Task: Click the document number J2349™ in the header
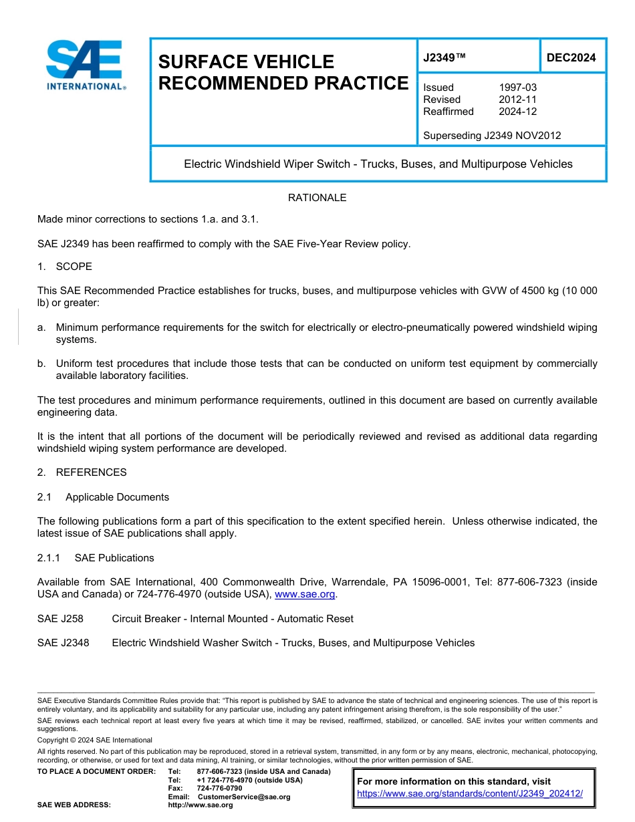pyautogui.click(x=444, y=58)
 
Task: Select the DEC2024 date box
pyautogui.click(x=571, y=58)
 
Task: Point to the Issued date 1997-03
pyautogui.click(x=517, y=88)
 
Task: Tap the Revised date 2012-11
pyautogui.click(x=517, y=100)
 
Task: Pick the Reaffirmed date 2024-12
pyautogui.click(x=517, y=112)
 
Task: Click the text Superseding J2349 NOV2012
pyautogui.click(x=492, y=136)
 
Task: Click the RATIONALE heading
pyautogui.click(x=317, y=198)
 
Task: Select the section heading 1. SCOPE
pyautogui.click(x=65, y=267)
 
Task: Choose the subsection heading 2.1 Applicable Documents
pyautogui.click(x=104, y=497)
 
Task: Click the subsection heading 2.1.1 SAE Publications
pyautogui.click(x=96, y=558)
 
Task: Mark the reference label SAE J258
pyautogui.click(x=60, y=619)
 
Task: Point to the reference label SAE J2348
pyautogui.click(x=63, y=643)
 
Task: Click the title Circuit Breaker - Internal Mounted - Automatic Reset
pyautogui.click(x=233, y=619)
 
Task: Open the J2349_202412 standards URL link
pyautogui.click(x=470, y=794)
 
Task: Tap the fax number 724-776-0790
pyautogui.click(x=219, y=789)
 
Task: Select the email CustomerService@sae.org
pyautogui.click(x=244, y=797)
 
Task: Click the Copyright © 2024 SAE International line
pyautogui.click(x=95, y=740)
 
